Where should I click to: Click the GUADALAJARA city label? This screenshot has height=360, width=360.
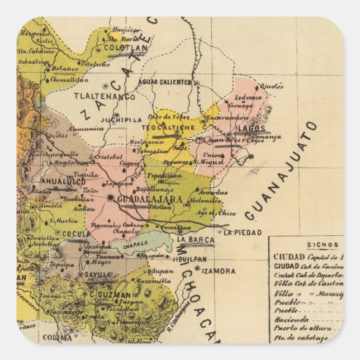(143, 198)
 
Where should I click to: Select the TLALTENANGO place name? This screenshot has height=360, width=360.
(105, 96)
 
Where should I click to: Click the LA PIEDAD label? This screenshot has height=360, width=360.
(243, 232)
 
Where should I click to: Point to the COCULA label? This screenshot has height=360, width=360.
(76, 234)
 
